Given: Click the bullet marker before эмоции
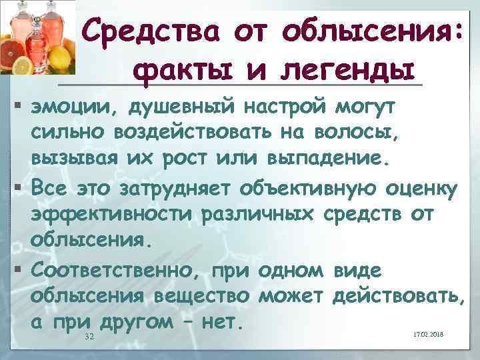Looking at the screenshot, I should click(15, 107).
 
